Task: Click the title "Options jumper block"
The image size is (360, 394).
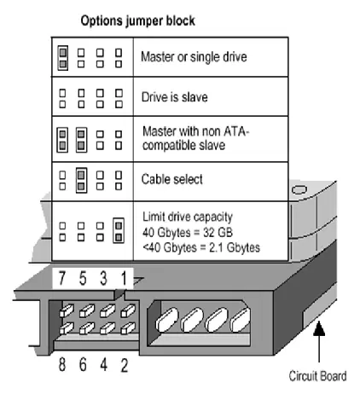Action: coord(138,21)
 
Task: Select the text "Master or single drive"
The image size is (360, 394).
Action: coord(194,57)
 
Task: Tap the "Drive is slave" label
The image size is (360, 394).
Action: coord(175,97)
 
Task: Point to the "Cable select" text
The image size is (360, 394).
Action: coord(172,179)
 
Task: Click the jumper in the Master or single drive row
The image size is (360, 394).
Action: coord(63,58)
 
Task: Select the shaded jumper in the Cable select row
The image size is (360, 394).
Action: coord(81,181)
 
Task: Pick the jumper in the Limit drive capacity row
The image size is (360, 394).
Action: coord(119,230)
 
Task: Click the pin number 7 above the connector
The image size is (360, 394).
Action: coord(62,278)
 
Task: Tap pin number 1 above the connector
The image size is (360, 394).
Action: coord(124,278)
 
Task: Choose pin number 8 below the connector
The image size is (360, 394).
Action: coord(62,364)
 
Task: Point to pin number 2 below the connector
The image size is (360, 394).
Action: coord(125,365)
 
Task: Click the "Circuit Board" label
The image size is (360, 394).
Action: coord(317,376)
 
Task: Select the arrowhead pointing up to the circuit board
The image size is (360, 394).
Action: coord(319,328)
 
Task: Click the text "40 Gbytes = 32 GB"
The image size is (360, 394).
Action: coord(188,232)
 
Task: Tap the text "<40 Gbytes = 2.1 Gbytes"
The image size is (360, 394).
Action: coord(201,247)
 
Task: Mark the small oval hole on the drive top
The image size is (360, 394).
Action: coord(299,190)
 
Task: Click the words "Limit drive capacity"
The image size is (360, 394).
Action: coord(188,217)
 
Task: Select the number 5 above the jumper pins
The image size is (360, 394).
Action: coord(83,278)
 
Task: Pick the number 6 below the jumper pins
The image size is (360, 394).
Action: coord(83,364)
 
